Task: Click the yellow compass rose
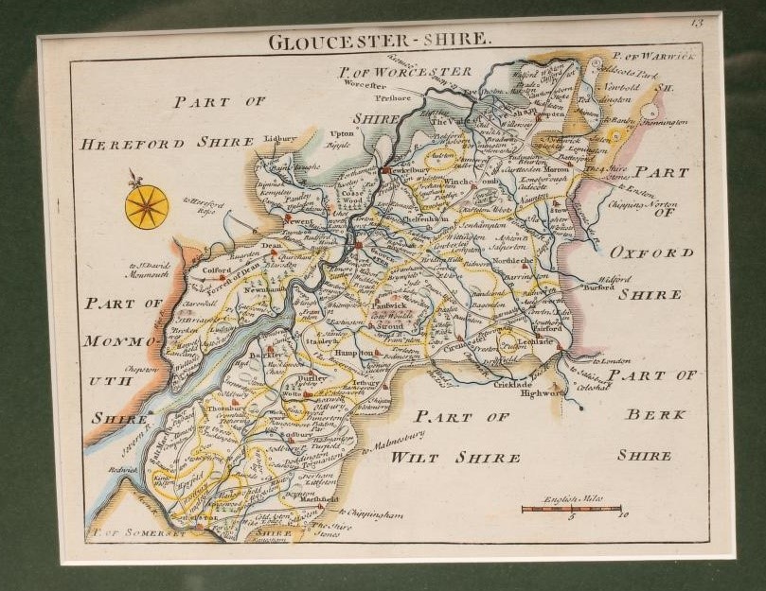pyautogui.click(x=147, y=206)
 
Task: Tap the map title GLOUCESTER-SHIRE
pyautogui.click(x=380, y=41)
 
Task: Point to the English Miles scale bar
pyautogui.click(x=571, y=509)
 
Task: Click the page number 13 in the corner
pyautogui.click(x=697, y=23)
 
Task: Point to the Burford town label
pyautogui.click(x=598, y=291)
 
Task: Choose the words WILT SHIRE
pyautogui.click(x=456, y=458)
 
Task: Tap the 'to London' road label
pyautogui.click(x=611, y=361)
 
